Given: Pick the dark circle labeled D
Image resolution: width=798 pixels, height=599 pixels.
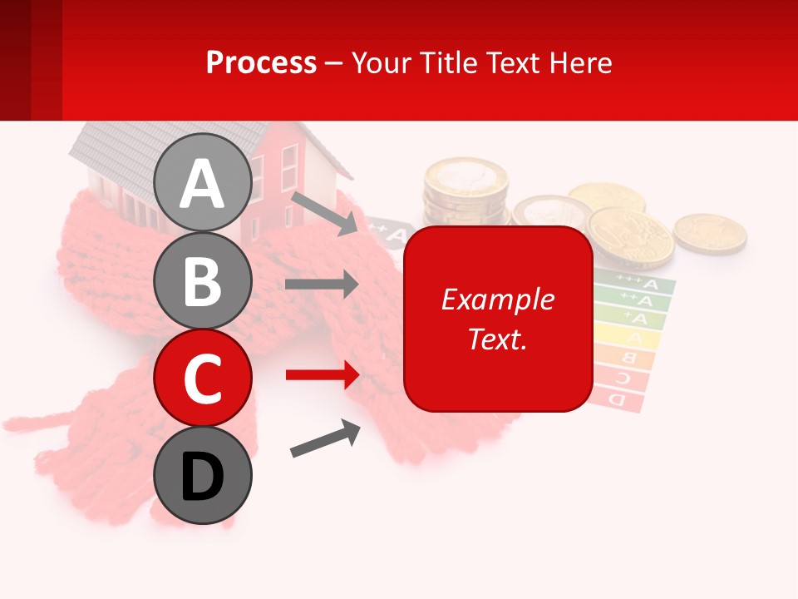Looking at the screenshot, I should pyautogui.click(x=202, y=475).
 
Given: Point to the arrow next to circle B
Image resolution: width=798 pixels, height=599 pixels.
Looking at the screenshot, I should pyautogui.click(x=322, y=285).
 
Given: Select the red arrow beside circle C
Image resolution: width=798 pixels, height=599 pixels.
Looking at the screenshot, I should pyautogui.click(x=322, y=375).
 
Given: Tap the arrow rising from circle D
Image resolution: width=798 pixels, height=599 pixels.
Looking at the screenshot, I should pyautogui.click(x=325, y=438).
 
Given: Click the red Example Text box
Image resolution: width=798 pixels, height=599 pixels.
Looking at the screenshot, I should pyautogui.click(x=498, y=319).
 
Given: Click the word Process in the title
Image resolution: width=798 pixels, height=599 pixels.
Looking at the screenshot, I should pyautogui.click(x=261, y=62).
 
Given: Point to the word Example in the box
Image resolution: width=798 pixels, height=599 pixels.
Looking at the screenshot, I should pyautogui.click(x=498, y=299).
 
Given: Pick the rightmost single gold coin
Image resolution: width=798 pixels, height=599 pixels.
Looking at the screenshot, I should pyautogui.click(x=709, y=232).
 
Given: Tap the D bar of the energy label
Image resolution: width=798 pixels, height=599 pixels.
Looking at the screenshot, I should pyautogui.click(x=618, y=399).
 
